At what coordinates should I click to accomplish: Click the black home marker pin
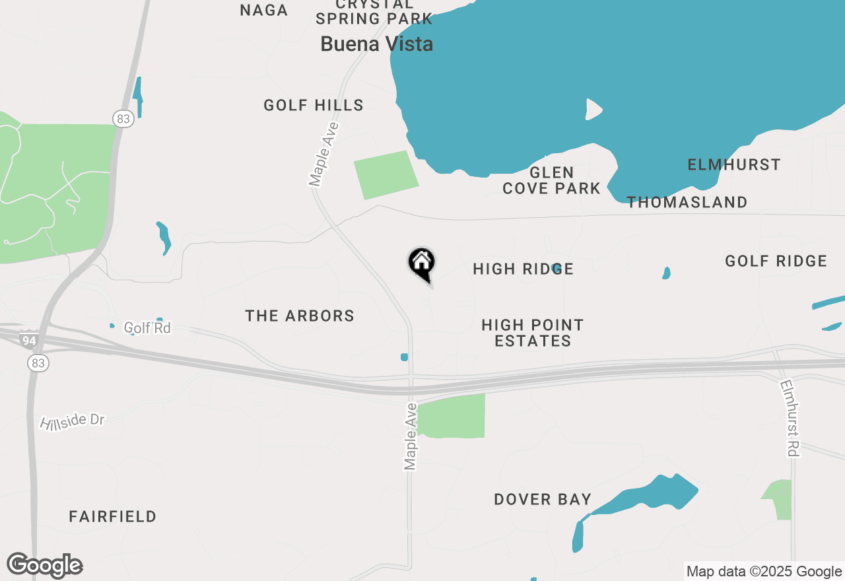coord(421,263)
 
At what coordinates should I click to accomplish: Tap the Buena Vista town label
coord(376,44)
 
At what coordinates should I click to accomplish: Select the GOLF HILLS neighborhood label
coord(314,105)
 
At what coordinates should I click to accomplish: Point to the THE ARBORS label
coord(300,316)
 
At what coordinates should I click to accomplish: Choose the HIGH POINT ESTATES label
coord(533,333)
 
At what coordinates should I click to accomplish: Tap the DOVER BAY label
coord(543,499)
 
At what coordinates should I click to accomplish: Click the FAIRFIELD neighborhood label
coord(113,516)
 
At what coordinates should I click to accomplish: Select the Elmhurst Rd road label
coord(790,418)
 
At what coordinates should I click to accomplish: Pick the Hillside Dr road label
coord(73,421)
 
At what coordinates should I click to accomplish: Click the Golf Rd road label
coord(147,327)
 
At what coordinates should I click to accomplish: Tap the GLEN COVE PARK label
coord(551,180)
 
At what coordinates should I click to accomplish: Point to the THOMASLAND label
coord(687,202)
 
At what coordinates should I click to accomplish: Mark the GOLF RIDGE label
coord(776,261)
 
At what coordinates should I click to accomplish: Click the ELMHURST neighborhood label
coord(734,164)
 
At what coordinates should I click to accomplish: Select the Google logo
coord(45,566)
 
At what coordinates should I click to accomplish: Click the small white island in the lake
coord(593,109)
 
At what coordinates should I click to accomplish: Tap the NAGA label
coord(264,11)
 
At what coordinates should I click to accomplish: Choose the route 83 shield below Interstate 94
coord(38,363)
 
